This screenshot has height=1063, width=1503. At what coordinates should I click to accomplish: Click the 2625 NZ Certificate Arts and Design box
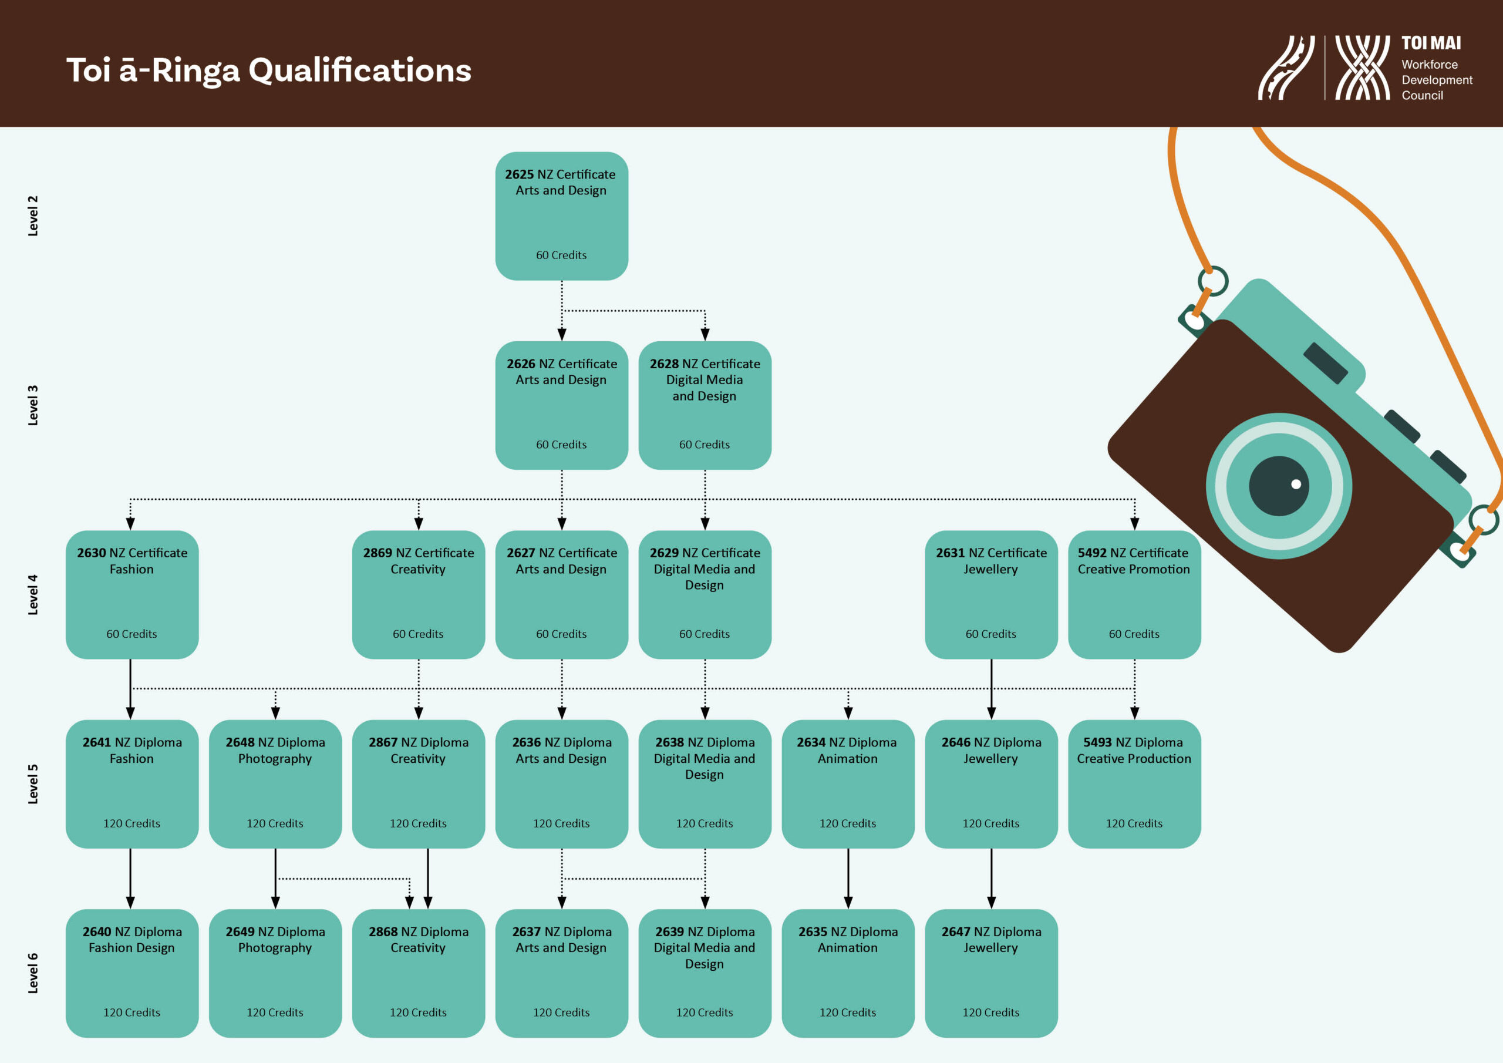coord(561,216)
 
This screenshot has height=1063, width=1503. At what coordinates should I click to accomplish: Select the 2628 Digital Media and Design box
coord(705,405)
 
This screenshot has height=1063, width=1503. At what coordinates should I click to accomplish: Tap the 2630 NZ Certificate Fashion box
coord(132,594)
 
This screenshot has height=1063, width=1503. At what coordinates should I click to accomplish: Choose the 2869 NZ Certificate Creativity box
coord(418,594)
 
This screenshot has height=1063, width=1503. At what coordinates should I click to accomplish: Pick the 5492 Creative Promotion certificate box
coord(1134,594)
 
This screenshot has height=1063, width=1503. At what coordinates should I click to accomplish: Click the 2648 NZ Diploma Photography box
coord(275,783)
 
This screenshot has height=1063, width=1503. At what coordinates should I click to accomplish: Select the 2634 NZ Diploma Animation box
coord(848,783)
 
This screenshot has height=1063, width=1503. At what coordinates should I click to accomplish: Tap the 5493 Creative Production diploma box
coord(1134,783)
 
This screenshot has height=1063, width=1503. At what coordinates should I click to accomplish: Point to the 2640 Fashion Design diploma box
coord(132,973)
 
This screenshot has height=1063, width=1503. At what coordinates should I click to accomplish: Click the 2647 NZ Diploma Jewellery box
coord(990,973)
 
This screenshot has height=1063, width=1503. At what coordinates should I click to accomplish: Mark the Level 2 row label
coord(33,216)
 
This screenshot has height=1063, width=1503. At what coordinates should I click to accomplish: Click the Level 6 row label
coord(33,973)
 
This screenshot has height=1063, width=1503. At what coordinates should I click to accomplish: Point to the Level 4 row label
coord(33,595)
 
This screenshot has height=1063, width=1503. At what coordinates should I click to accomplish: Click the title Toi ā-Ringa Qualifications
coord(268,70)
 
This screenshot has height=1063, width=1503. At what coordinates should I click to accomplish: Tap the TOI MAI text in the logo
coord(1431,43)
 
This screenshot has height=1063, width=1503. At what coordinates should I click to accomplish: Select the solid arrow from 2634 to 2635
coord(848,877)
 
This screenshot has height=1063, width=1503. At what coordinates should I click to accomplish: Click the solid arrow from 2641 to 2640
coord(130,877)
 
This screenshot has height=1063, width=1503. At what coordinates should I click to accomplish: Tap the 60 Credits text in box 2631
coord(990,634)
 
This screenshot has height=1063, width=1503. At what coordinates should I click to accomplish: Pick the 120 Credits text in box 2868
coord(418,1012)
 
